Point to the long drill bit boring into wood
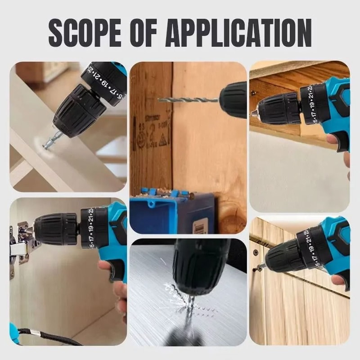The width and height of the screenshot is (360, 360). coord(189,99)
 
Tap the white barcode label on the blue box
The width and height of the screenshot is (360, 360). coord(200,225)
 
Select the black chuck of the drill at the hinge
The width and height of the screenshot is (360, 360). coord(56,229)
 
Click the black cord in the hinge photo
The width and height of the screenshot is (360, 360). coord(49,337)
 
